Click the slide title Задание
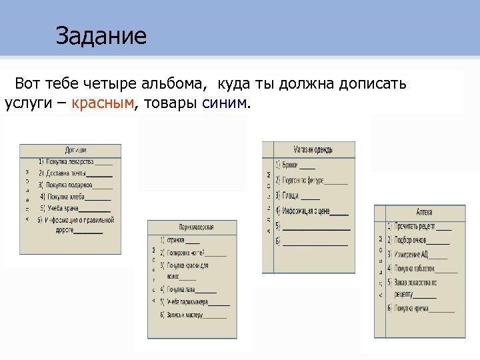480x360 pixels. [x=101, y=35]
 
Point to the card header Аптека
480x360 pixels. [x=424, y=212]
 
